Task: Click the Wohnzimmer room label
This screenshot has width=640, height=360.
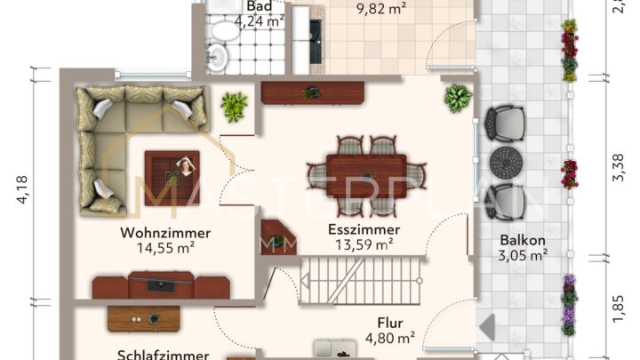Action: [x=165, y=233]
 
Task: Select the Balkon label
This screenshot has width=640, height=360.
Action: [x=523, y=240]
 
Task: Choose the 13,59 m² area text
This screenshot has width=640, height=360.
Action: [x=364, y=244]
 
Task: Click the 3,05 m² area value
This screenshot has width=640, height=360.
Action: [x=523, y=255]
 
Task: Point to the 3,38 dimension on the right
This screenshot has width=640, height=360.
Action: [x=619, y=166]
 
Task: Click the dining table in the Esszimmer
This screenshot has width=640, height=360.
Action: [x=366, y=170]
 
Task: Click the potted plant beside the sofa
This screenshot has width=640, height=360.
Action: [x=234, y=108]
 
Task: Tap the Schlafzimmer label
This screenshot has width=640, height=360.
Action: [x=164, y=355]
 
